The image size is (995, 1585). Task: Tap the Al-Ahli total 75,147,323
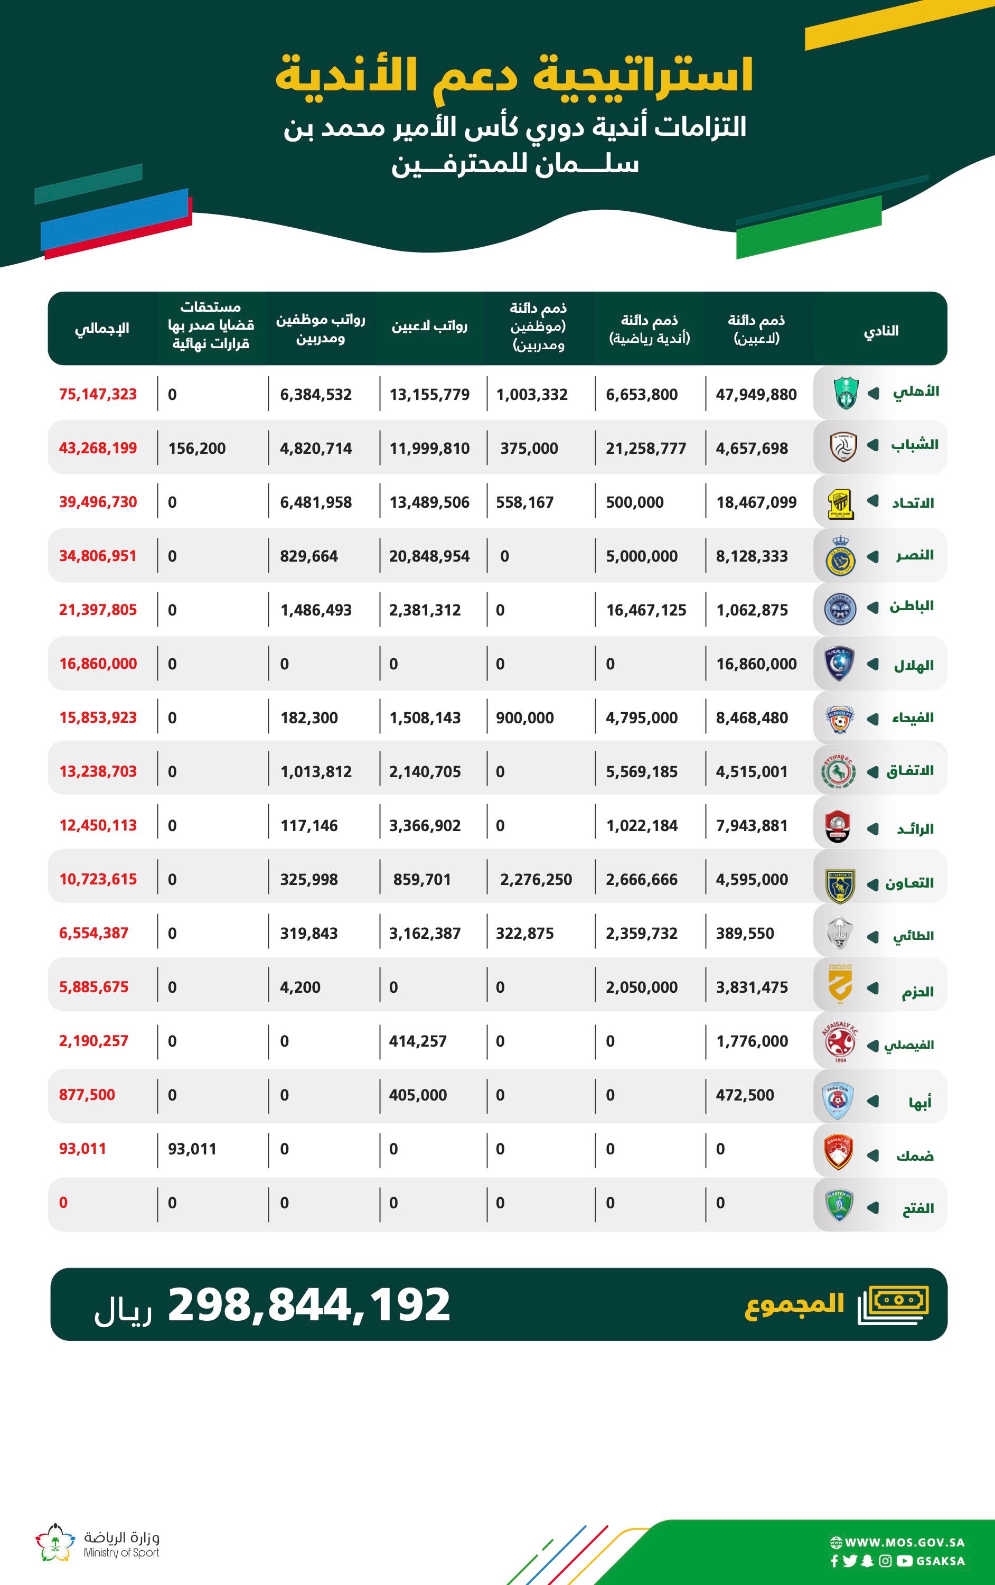[x=98, y=394]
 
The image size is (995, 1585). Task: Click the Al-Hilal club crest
[x=840, y=664]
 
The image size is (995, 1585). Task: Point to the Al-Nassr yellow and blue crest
[x=840, y=556]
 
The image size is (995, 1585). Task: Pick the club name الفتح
[x=918, y=1208]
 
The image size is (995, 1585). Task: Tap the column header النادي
[x=880, y=330]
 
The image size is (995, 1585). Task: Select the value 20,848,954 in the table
[x=429, y=556]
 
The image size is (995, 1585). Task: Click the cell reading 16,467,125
[x=645, y=610]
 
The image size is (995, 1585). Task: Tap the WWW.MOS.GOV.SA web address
[x=904, y=1542]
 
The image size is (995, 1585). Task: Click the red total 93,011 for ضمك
[x=82, y=1149]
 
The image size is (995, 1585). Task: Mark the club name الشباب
[x=915, y=445]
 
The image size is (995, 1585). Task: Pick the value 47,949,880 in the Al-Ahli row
[x=756, y=394]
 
